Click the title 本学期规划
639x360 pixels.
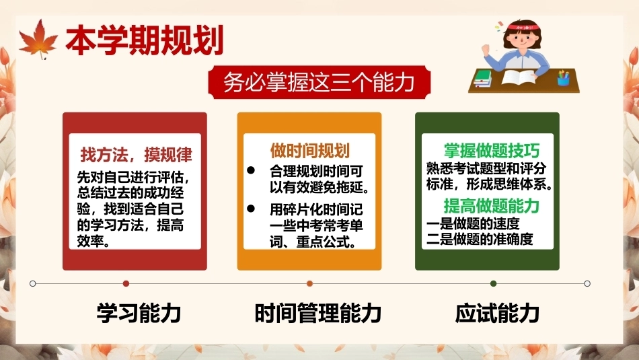point(145,40)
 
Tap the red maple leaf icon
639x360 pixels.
point(38,39)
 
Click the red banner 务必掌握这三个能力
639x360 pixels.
point(319,82)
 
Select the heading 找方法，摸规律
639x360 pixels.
point(136,155)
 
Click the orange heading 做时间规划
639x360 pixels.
point(309,151)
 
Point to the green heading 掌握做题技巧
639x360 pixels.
point(492,151)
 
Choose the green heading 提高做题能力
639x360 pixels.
point(492,206)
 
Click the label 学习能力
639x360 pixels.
point(139,313)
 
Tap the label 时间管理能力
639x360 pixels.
point(318,313)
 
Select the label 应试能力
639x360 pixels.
point(497,313)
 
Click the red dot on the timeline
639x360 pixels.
point(126,283)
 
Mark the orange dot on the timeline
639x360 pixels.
point(309,283)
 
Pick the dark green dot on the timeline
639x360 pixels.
point(494,283)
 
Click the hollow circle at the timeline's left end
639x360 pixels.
point(33,283)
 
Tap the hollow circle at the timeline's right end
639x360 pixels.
point(587,283)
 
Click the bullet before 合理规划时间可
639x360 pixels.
point(251,170)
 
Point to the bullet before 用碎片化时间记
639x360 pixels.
point(251,209)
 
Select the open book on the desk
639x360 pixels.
point(518,77)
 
